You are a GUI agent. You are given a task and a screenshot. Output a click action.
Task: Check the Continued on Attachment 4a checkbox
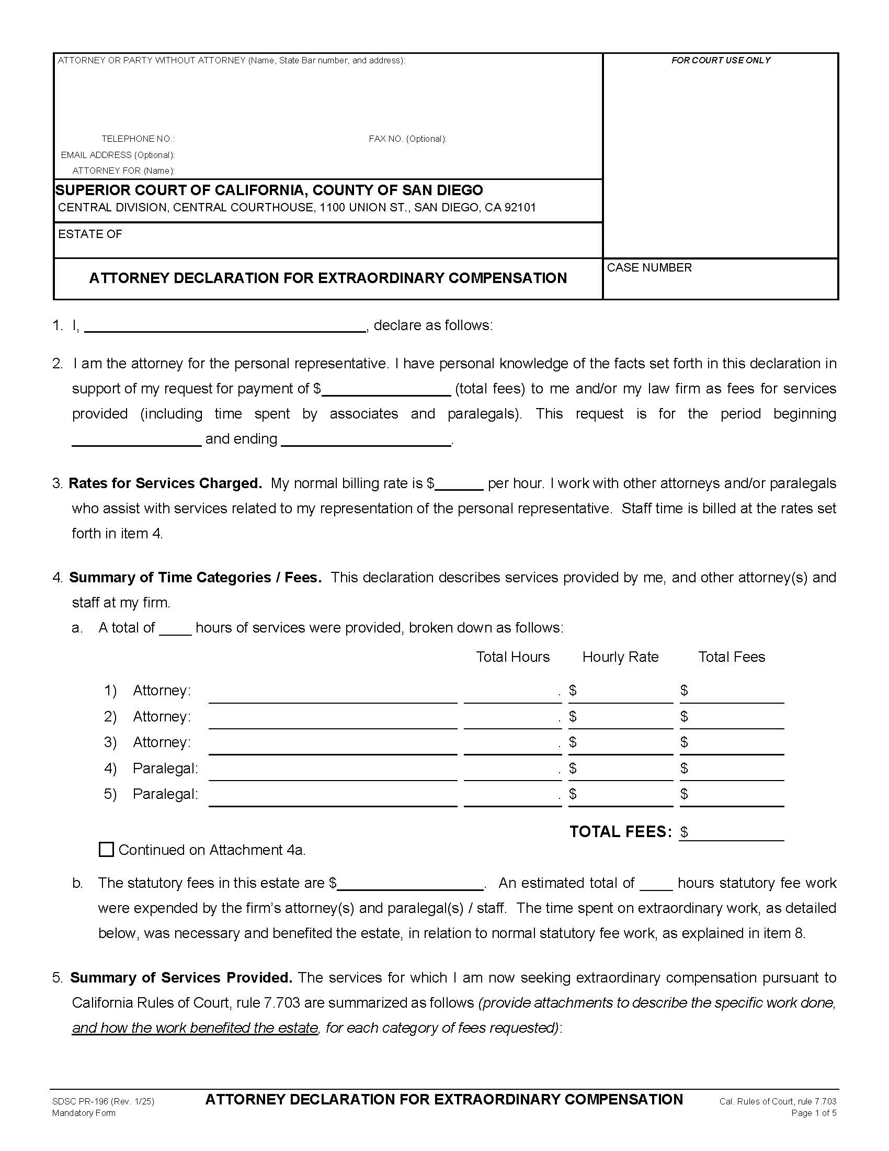click(x=106, y=850)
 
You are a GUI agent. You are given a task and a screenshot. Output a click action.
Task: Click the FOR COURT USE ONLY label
click(x=721, y=61)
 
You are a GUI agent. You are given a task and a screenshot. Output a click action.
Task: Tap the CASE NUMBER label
click(x=649, y=268)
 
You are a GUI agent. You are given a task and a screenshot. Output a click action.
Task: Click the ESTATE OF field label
click(x=90, y=234)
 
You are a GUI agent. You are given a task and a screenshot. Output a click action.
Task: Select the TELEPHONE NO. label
click(x=138, y=139)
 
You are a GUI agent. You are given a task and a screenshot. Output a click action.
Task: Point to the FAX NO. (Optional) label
click(x=407, y=139)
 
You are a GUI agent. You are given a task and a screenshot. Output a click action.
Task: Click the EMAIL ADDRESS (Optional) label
click(x=118, y=155)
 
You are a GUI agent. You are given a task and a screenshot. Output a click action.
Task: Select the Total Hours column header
click(x=512, y=657)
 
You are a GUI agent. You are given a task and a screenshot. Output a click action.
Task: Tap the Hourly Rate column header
click(x=620, y=657)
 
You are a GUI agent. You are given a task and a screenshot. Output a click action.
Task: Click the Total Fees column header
click(x=731, y=657)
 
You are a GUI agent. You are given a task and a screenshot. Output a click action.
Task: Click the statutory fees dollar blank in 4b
click(x=410, y=884)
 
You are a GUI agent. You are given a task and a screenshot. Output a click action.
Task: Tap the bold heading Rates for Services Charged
click(x=165, y=483)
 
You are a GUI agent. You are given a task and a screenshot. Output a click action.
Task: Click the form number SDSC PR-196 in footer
click(x=103, y=1101)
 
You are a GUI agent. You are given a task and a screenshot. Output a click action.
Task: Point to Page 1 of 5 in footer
click(x=813, y=1113)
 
